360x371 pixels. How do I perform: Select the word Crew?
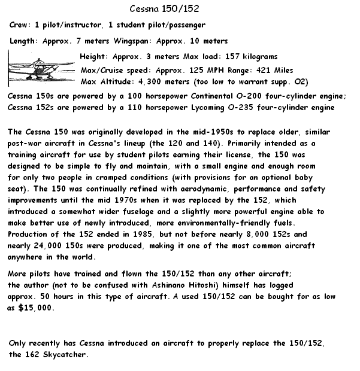pyautogui.click(x=21, y=25)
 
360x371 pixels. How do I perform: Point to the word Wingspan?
pyautogui.click(x=132, y=41)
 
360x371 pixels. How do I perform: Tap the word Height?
pyautogui.click(x=94, y=57)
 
